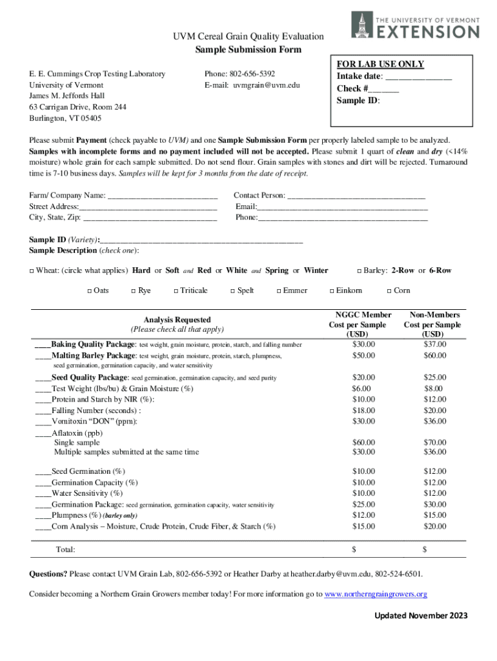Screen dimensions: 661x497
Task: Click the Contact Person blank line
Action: tap(356, 196)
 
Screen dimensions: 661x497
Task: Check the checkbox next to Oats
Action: tap(89, 291)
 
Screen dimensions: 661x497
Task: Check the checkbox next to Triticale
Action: tap(176, 291)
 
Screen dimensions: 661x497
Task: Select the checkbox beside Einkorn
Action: tap(331, 291)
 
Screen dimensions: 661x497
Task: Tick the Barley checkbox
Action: tap(359, 271)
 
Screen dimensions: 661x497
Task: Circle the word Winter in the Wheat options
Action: tap(316, 270)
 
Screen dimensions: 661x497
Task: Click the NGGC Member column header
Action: tap(360, 315)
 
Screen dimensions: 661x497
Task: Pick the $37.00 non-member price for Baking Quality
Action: tap(434, 344)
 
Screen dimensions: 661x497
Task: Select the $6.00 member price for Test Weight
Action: tap(361, 389)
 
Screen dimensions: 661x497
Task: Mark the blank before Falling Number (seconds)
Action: tap(43, 411)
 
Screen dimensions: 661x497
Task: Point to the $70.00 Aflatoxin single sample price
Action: tap(434, 442)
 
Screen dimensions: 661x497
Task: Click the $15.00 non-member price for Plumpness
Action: tap(434, 515)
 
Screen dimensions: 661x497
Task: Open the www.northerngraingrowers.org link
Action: tap(376, 594)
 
